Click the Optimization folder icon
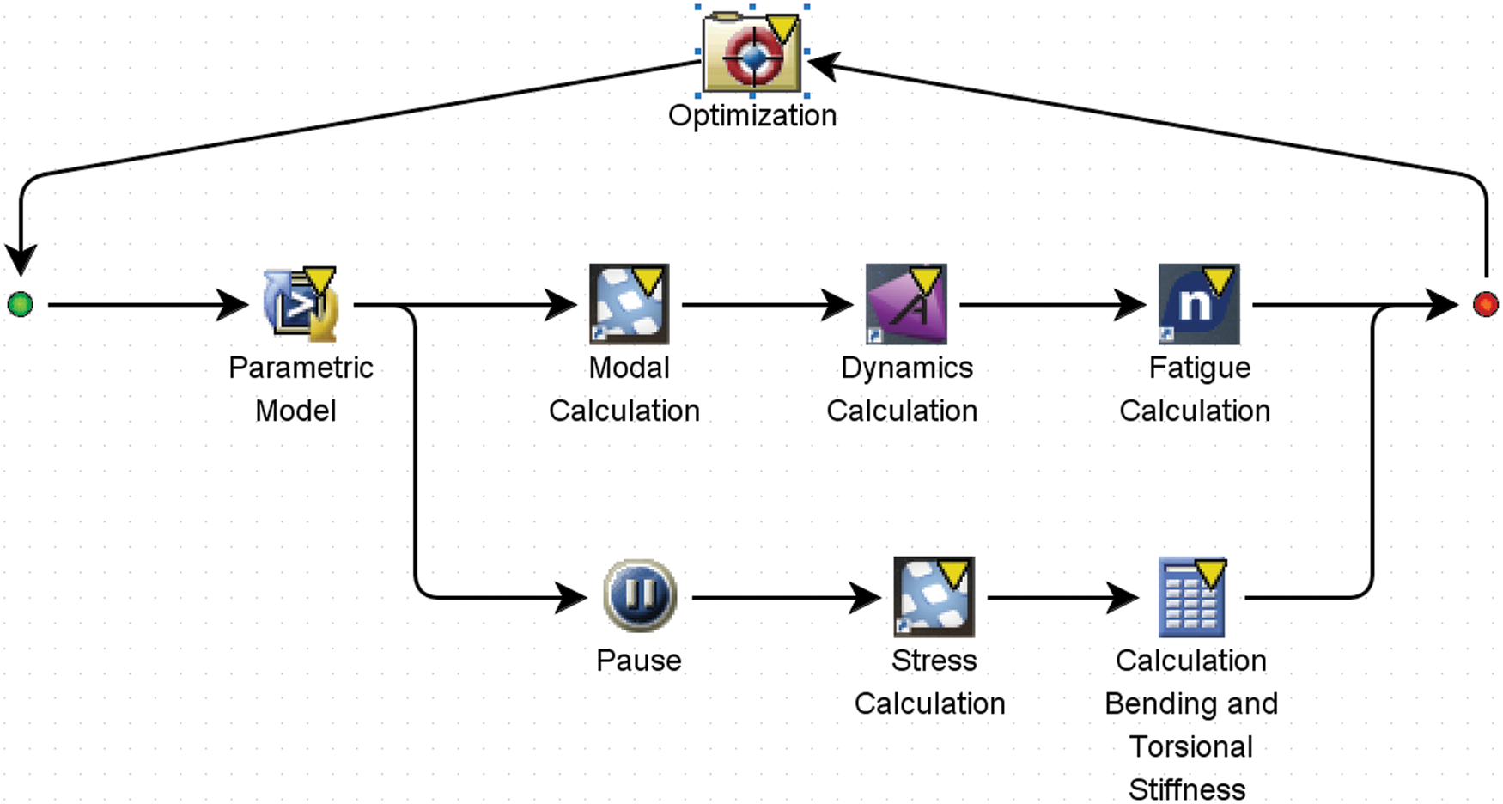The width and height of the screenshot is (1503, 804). [752, 53]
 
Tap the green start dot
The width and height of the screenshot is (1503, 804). [20, 304]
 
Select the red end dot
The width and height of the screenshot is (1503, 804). [1485, 304]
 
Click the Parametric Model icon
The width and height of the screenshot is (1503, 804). [300, 305]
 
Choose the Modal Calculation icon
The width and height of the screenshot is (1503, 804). [629, 304]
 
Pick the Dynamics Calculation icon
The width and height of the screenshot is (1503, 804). [906, 304]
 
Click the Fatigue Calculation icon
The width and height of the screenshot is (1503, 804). [1199, 304]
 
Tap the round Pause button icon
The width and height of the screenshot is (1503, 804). [640, 596]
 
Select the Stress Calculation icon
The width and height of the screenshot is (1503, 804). [934, 596]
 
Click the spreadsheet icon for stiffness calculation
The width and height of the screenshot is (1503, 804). [1192, 597]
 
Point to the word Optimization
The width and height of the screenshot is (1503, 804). [752, 115]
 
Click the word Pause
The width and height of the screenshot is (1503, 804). [639, 661]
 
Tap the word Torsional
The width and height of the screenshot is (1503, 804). [1191, 746]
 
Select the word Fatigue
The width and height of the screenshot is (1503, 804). [1200, 368]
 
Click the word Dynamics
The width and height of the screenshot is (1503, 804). [907, 368]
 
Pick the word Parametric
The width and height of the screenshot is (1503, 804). [301, 368]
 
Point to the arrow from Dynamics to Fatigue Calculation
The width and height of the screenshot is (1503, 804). [1052, 304]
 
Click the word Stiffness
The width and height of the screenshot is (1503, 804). [1187, 789]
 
